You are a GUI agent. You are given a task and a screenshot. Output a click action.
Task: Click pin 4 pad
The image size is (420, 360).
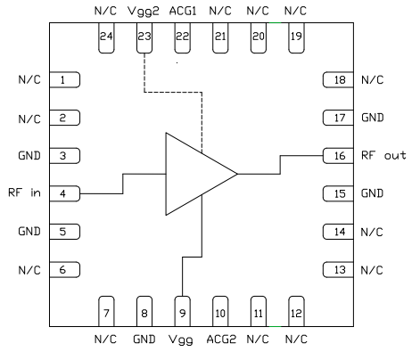[x=65, y=193]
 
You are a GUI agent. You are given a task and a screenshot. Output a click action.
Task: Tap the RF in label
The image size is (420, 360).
[x=25, y=193]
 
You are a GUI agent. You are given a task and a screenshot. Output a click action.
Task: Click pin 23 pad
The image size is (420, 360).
[x=144, y=38]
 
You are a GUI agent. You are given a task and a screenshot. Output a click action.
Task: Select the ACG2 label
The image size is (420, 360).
[x=220, y=340]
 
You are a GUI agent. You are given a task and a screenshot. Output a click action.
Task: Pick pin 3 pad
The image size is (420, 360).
[x=65, y=155]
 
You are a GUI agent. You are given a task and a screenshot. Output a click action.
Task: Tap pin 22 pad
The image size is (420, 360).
[x=182, y=38]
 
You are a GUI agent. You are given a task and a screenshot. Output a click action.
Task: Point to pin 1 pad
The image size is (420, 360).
[x=65, y=80]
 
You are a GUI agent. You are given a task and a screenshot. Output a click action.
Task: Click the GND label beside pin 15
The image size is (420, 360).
[x=374, y=193]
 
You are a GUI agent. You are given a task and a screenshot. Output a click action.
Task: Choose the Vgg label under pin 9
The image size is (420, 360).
[x=182, y=340]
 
